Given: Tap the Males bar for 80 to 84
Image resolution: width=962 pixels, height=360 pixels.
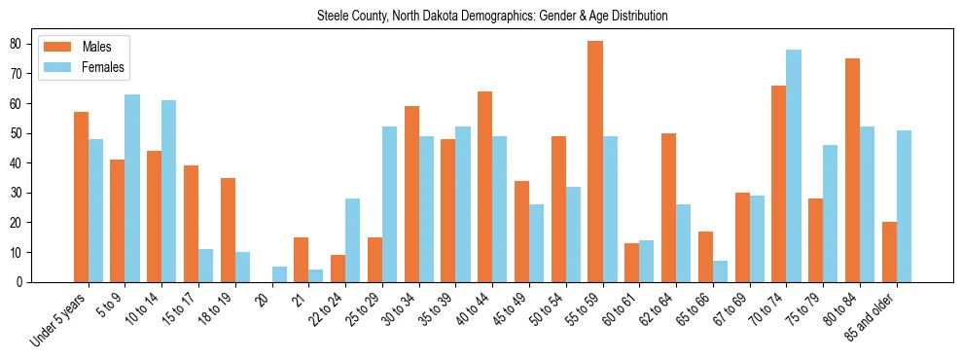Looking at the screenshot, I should coord(852,170).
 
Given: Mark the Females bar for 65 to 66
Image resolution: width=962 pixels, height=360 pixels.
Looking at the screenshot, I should coord(720,271).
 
